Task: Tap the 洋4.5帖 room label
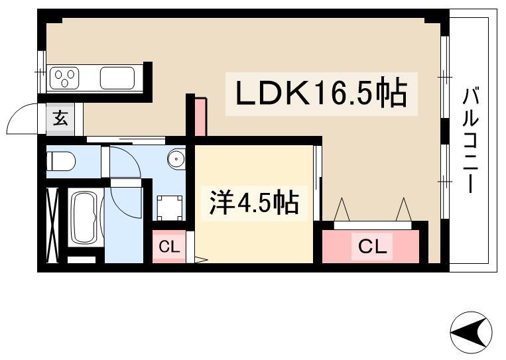254,203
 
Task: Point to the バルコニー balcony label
471,140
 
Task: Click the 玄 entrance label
60,118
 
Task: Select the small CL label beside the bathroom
169,247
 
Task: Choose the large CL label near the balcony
373,247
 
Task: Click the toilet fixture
61,161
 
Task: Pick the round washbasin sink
176,158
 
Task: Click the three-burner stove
64,78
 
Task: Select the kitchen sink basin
117,78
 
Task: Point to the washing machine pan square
170,208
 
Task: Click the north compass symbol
471,332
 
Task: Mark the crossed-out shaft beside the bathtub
52,225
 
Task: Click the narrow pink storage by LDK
200,117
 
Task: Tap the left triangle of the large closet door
342,210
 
